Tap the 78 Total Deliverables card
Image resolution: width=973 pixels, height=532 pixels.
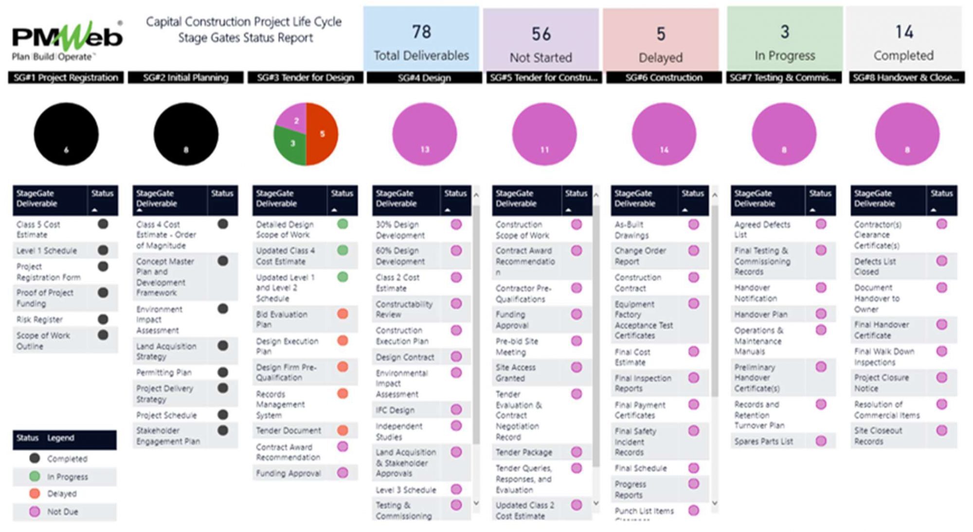pyautogui.click(x=421, y=39)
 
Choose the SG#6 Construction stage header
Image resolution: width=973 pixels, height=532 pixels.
pyautogui.click(x=664, y=78)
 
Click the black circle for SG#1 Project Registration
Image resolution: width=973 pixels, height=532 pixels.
pyautogui.click(x=66, y=134)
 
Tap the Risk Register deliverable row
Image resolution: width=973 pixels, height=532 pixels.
pyautogui.click(x=40, y=319)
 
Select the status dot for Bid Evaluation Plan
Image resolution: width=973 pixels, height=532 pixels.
pyautogui.click(x=342, y=314)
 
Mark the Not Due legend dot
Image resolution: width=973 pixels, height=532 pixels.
pyautogui.click(x=35, y=512)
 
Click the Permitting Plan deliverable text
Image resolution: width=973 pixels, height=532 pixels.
pyautogui.click(x=164, y=372)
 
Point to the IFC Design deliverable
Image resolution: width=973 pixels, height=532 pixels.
pyautogui.click(x=395, y=410)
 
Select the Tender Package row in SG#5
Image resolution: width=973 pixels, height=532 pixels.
pyautogui.click(x=524, y=452)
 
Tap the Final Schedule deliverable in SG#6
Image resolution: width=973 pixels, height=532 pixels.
pyautogui.click(x=641, y=468)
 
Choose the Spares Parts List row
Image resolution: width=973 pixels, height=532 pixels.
pyautogui.click(x=763, y=442)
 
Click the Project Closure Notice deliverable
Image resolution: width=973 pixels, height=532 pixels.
pyautogui.click(x=881, y=383)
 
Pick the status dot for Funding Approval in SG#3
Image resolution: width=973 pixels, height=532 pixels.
pyautogui.click(x=342, y=473)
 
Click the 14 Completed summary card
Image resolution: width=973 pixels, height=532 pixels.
pyautogui.click(x=903, y=39)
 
